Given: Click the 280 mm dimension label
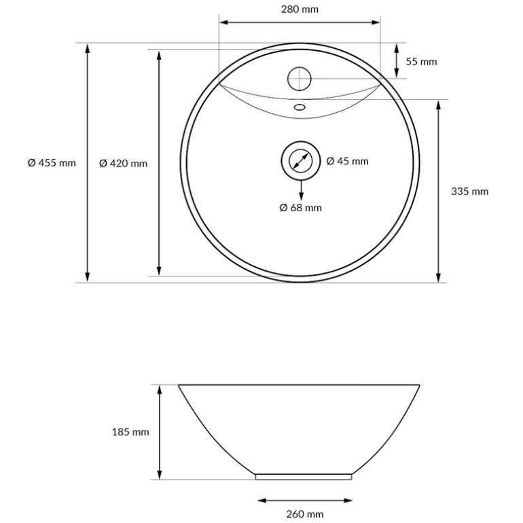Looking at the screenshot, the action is coord(300,10).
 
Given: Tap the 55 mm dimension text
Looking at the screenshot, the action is coord(421,62).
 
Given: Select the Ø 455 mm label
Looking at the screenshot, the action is coord(52,163).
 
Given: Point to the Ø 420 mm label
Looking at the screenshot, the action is coord(123,163).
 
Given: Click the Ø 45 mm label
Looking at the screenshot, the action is coord(347,161).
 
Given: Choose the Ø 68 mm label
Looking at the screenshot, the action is coord(300,208).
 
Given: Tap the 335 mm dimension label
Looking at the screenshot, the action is coord(469,192).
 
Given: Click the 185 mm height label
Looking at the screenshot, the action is coord(130,432).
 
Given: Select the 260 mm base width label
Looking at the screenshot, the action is coord(305,514).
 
